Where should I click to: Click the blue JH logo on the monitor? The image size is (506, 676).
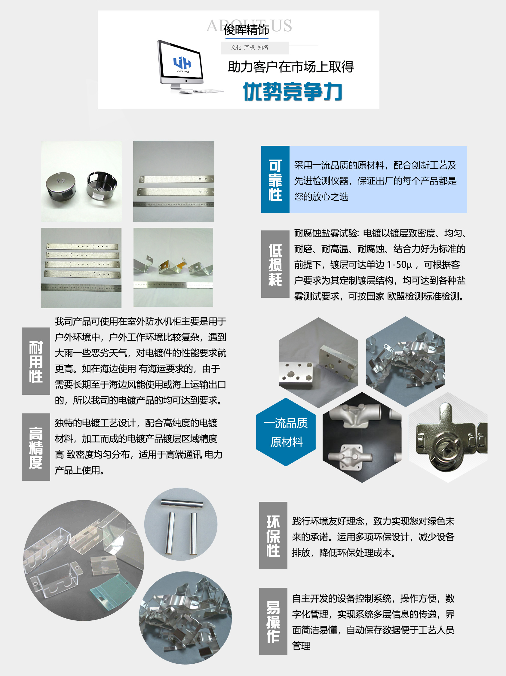[x=182, y=63]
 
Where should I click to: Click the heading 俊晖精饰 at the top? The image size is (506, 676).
[x=246, y=30]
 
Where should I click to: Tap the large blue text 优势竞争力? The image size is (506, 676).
[x=293, y=91]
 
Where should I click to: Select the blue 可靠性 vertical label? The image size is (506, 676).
[x=275, y=179]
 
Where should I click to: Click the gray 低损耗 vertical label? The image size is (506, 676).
[x=275, y=264]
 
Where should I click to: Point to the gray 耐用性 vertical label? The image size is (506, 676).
[x=36, y=361]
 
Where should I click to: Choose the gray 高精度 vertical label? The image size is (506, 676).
[x=36, y=447]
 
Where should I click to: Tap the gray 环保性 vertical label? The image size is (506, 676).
[x=273, y=535]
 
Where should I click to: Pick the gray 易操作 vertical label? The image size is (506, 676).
[x=273, y=621]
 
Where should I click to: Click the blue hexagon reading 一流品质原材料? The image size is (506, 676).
[x=286, y=432]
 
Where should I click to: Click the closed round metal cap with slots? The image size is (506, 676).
[x=61, y=186]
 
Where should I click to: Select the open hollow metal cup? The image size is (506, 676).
[x=102, y=185]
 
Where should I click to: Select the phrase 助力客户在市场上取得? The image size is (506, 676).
[x=291, y=67]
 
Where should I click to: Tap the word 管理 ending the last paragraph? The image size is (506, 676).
[x=301, y=646]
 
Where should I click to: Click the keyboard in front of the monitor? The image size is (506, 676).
[x=209, y=91]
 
